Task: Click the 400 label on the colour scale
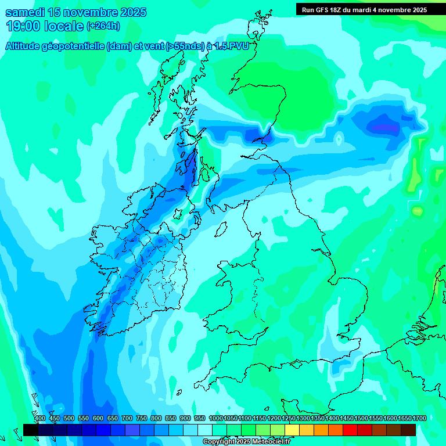pyautogui.click(x=40, y=418)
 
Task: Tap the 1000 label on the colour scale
pyautogui.click(x=215, y=418)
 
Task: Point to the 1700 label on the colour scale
pyautogui.click(x=404, y=418)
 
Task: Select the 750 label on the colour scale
pyautogui.click(x=141, y=418)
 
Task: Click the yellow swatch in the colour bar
pyautogui.click(x=292, y=430)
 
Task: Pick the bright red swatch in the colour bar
pyautogui.click(x=350, y=430)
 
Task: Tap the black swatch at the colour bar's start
pyautogui.click(x=31, y=430)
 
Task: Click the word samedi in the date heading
pyautogui.click(x=24, y=12)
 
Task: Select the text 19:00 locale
pyautogui.click(x=45, y=26)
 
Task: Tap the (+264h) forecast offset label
pyautogui.click(x=103, y=26)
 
